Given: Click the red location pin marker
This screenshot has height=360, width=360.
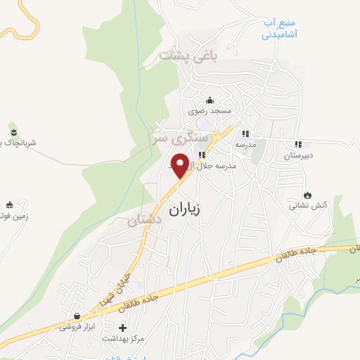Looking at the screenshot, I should [x=179, y=165].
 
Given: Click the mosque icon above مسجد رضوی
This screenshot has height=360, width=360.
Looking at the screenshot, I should [x=209, y=99].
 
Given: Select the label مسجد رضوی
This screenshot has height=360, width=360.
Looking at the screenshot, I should [x=209, y=111].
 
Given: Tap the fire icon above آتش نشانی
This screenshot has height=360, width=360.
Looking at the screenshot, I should [x=307, y=195].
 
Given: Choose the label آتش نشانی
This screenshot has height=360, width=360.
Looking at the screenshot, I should [x=304, y=207].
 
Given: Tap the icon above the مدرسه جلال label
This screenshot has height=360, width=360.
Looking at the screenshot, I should [x=202, y=155].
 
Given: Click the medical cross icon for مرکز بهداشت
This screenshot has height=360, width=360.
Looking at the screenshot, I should [x=123, y=328].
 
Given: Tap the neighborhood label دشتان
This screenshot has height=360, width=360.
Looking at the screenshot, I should [x=145, y=221].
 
